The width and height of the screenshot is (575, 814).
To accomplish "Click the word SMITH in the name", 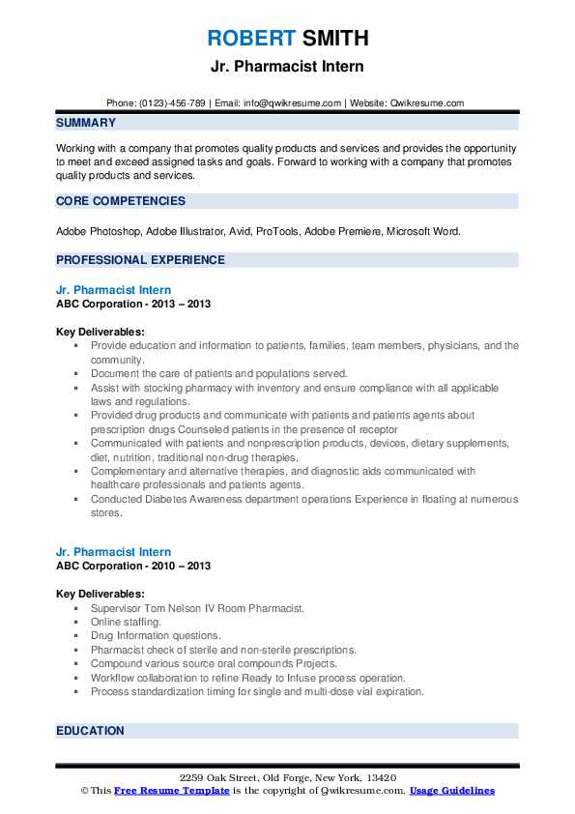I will coord(333,40).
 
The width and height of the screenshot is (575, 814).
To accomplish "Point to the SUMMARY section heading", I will coord(86,123).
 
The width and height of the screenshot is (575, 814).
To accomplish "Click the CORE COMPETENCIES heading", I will coord(121,201).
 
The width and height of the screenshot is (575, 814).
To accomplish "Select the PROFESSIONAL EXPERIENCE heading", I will coord(140,260).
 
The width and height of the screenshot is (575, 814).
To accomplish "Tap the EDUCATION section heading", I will coord(90,731).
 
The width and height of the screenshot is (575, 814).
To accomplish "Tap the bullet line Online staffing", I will coord(126,623).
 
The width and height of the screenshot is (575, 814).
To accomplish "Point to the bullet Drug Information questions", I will coord(156,636).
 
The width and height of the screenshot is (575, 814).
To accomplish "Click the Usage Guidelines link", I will coord(452,791).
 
